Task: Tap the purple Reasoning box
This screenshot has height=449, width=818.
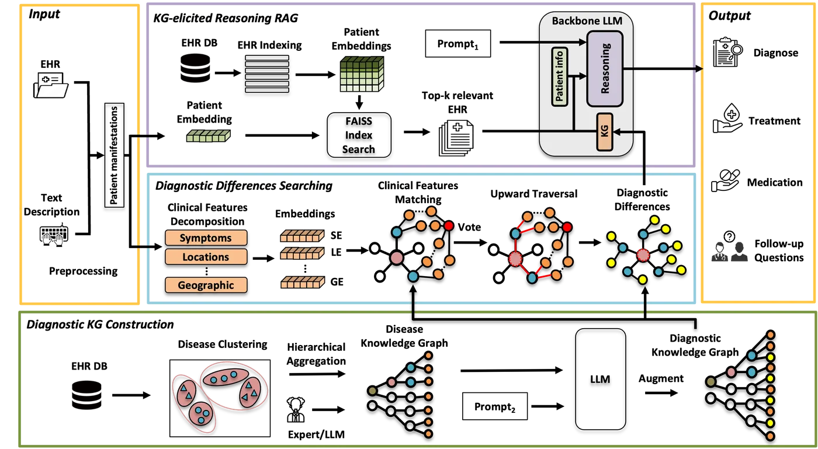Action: pyautogui.click(x=605, y=69)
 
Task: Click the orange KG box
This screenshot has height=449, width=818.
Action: pyautogui.click(x=604, y=132)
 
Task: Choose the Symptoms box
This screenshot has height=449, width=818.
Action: pyautogui.click(x=206, y=238)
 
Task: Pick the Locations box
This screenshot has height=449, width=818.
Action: pyautogui.click(x=206, y=257)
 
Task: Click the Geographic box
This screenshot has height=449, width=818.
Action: pyautogui.click(x=206, y=285)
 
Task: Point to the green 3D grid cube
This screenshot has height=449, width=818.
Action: pyautogui.click(x=361, y=74)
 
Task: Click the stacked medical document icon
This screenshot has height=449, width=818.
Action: pyautogui.click(x=457, y=138)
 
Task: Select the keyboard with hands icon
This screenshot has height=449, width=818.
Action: pyautogui.click(x=54, y=235)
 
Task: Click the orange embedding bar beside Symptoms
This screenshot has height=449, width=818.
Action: pyautogui.click(x=302, y=235)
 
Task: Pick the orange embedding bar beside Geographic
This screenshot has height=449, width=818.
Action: pyautogui.click(x=302, y=283)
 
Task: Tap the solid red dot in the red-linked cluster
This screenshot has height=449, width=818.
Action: pyautogui.click(x=566, y=227)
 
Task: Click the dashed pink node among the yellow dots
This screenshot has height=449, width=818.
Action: pyautogui.click(x=643, y=255)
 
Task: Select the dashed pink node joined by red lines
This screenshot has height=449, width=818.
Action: pyautogui.click(x=515, y=258)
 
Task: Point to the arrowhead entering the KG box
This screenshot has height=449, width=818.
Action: pyautogui.click(x=617, y=133)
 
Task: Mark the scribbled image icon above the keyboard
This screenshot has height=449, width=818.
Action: pyautogui.click(x=51, y=86)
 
